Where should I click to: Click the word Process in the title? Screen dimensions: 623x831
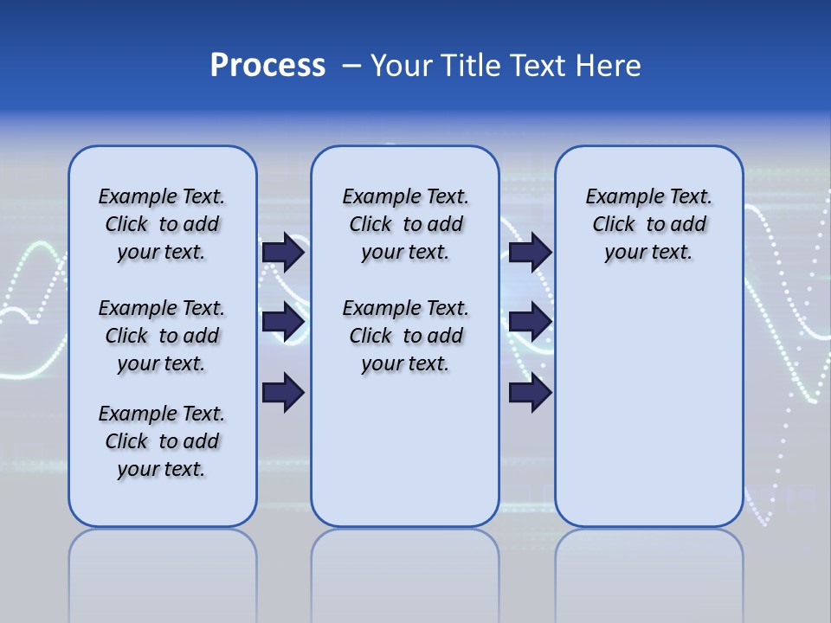[x=267, y=66]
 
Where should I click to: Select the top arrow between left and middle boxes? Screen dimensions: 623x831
[x=283, y=253]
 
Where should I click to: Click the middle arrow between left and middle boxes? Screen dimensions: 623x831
[x=283, y=323]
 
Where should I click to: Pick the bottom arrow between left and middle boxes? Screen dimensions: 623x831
[x=283, y=393]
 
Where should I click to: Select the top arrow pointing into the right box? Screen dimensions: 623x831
[x=530, y=253]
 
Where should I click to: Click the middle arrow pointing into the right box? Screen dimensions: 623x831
[x=530, y=323]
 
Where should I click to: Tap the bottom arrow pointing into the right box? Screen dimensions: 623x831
[x=530, y=393]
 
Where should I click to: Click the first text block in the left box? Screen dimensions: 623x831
[x=162, y=224]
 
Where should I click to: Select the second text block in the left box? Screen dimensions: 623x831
[x=162, y=336]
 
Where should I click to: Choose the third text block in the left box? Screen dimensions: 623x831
[x=162, y=441]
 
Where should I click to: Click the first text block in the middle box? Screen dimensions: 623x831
[x=406, y=224]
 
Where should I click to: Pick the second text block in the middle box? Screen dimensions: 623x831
[x=406, y=336]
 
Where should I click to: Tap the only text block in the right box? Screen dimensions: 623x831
[x=649, y=224]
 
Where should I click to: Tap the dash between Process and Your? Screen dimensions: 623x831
[x=352, y=66]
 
